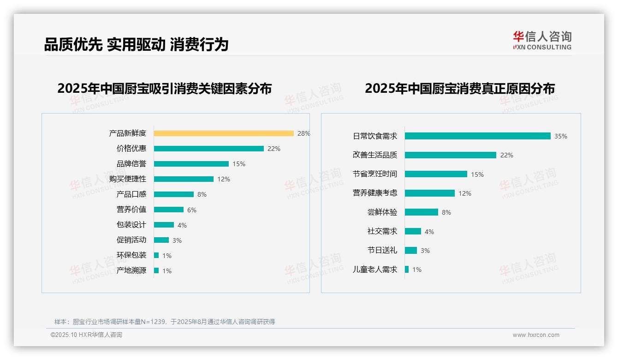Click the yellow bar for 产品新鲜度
click(224, 133)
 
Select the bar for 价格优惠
click(208, 149)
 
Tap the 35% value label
click(560, 136)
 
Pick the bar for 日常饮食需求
click(477, 136)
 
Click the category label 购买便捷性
click(128, 179)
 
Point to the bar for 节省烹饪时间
click(436, 174)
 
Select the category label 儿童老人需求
click(374, 270)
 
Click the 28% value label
click(303, 133)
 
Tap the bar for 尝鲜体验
click(421, 212)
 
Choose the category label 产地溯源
click(131, 270)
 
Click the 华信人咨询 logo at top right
click(542, 41)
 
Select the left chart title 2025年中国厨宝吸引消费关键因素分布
click(164, 89)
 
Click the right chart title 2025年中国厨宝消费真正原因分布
click(459, 89)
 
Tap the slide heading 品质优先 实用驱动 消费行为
click(136, 44)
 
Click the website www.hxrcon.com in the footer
click(536, 335)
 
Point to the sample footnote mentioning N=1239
click(165, 322)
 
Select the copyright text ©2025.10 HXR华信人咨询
click(86, 335)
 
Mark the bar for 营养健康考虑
click(429, 193)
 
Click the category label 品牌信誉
click(131, 164)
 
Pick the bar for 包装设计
click(164, 225)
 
